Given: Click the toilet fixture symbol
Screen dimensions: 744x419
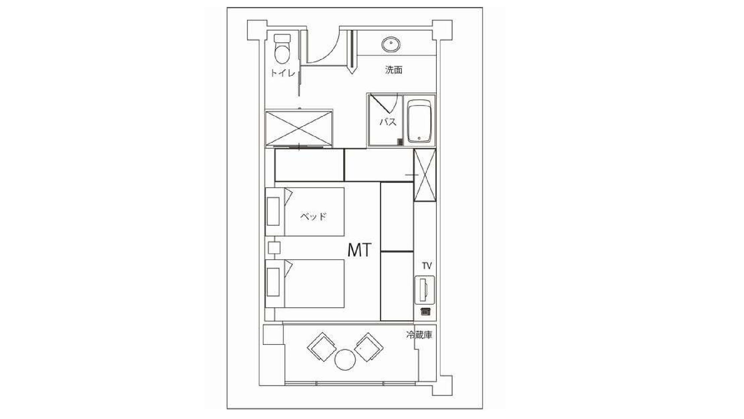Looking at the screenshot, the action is (282, 49).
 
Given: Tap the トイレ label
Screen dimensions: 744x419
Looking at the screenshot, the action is (283, 72).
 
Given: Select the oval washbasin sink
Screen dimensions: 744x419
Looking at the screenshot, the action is (391, 45).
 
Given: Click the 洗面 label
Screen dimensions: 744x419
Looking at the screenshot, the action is (394, 70).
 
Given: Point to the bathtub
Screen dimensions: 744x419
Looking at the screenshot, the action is (420, 121).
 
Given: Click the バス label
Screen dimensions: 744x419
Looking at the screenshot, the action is (388, 122).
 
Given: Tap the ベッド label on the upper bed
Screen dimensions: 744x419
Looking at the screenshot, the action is (313, 216).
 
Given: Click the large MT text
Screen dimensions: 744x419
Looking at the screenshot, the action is (359, 250).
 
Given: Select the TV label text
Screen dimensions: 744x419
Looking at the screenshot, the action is (427, 266).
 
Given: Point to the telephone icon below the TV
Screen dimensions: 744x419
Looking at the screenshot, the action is (425, 312).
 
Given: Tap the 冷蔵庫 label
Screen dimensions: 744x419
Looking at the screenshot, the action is (419, 335).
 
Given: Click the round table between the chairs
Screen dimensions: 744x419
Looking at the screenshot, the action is (345, 359).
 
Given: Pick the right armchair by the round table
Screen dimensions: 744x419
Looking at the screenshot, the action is (369, 347).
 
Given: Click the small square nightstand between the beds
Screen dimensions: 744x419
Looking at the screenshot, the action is (274, 248).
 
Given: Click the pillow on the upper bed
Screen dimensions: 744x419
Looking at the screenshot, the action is (273, 211).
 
